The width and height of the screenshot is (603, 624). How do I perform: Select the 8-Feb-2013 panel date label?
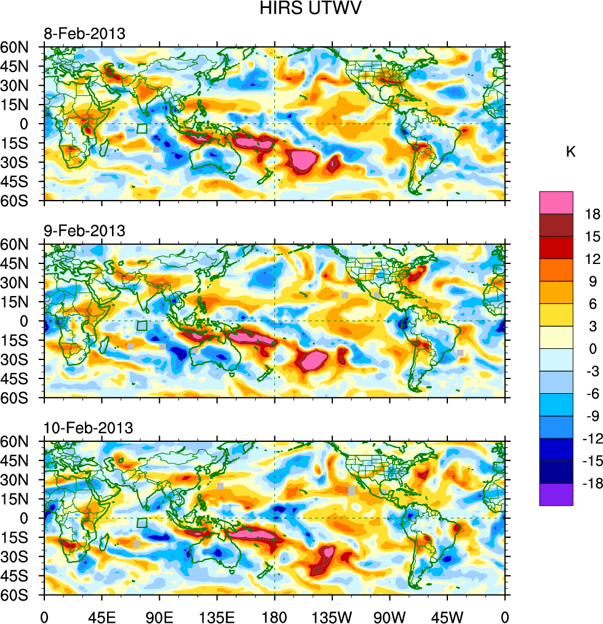tap(84, 33)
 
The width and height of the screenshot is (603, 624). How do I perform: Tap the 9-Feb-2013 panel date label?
tap(84, 231)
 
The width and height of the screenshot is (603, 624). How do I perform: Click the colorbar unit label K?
tap(570, 151)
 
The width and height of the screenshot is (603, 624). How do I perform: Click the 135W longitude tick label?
tap(332, 616)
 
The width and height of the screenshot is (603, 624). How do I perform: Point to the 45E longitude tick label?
tap(102, 616)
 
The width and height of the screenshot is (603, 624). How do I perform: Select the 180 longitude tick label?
tap(274, 616)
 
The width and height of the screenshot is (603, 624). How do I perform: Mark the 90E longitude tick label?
tap(159, 616)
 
